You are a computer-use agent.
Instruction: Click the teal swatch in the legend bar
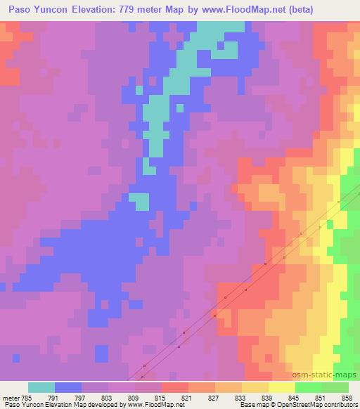(41, 387)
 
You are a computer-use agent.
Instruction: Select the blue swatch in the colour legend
(68, 387)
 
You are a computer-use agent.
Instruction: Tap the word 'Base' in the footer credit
(247, 405)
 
